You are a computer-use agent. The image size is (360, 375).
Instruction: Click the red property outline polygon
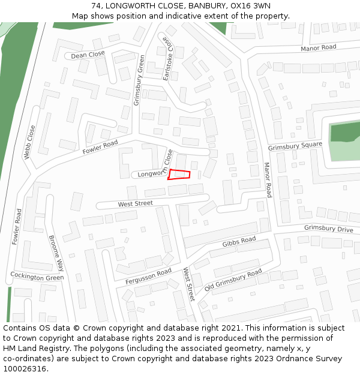tap(179, 175)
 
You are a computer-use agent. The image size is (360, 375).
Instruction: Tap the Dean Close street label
tap(88, 55)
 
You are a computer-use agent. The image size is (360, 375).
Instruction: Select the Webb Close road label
tap(29, 142)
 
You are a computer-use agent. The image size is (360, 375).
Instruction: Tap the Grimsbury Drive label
tap(328, 229)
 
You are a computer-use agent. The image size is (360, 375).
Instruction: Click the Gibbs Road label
tap(239, 242)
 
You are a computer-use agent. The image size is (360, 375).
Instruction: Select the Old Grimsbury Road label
tap(233, 279)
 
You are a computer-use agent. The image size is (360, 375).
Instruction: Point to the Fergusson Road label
tap(148, 277)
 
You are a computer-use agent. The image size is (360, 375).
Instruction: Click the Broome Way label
tap(56, 253)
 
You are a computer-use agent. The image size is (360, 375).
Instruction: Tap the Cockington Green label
tap(37, 277)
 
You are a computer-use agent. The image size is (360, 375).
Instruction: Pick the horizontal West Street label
tap(135, 204)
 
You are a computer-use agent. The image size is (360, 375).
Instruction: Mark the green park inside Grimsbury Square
tap(344, 141)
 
